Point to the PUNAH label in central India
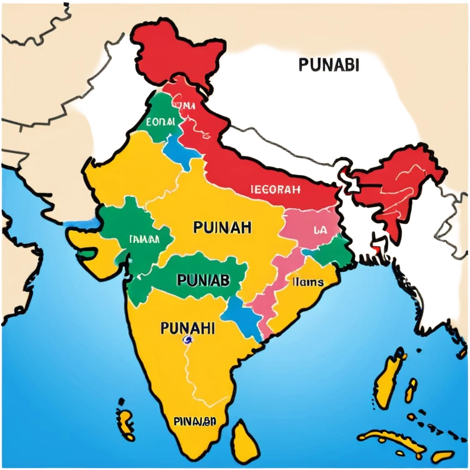click(222, 227)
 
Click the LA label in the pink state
click(320, 229)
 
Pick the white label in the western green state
click(142, 238)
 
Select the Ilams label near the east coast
click(308, 282)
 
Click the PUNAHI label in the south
click(187, 327)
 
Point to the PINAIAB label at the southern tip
click(195, 421)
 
